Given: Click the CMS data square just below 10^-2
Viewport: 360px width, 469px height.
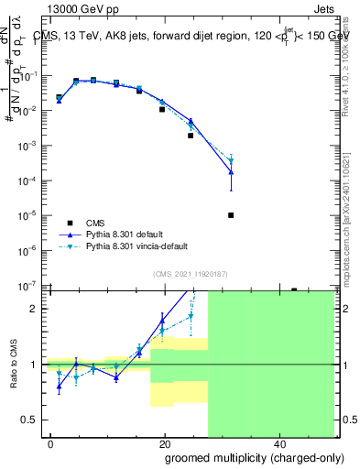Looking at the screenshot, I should [x=162, y=109].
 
